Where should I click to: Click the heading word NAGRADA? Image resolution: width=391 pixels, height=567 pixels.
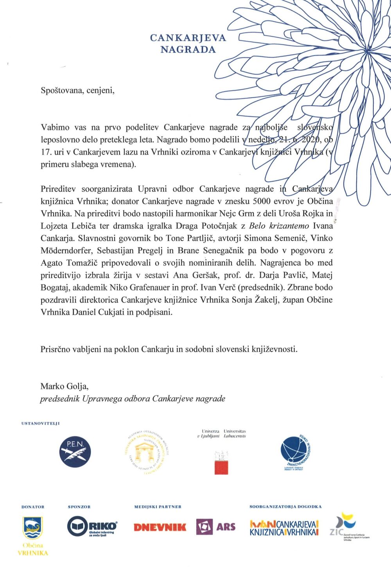pyautogui.click(x=188, y=50)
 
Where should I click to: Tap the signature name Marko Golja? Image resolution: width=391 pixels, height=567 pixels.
pyautogui.click(x=65, y=387)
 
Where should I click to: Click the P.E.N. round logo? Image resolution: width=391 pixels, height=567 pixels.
pyautogui.click(x=75, y=452)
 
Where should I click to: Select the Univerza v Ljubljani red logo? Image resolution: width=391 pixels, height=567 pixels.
pyautogui.click(x=221, y=463)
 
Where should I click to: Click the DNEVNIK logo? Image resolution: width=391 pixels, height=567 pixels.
pyautogui.click(x=160, y=527)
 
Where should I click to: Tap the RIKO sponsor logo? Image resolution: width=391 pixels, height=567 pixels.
pyautogui.click(x=92, y=526)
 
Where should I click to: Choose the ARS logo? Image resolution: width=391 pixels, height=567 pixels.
pyautogui.click(x=216, y=527)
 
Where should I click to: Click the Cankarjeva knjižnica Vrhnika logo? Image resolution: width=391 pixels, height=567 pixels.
pyautogui.click(x=284, y=528)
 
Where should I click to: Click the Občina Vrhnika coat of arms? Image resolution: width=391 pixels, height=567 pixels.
pyautogui.click(x=33, y=528)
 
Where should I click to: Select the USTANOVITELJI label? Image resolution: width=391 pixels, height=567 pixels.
pyautogui.click(x=41, y=423)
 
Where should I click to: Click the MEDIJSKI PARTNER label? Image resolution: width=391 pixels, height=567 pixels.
pyautogui.click(x=158, y=507)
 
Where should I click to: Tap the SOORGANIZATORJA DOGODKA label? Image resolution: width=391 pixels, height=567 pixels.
pyautogui.click(x=285, y=507)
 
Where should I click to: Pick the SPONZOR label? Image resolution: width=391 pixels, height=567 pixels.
pyautogui.click(x=79, y=507)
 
